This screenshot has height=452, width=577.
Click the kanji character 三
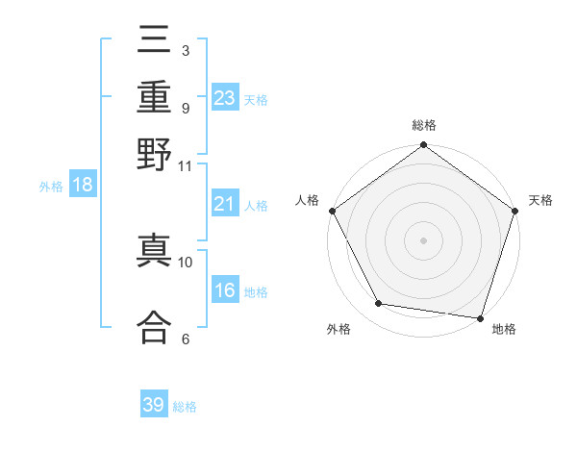click(154, 43)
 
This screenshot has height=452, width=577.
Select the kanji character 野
click(154, 153)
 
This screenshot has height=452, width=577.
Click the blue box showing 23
click(225, 98)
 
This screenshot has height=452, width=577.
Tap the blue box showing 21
click(225, 204)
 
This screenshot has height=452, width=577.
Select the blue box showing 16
click(225, 291)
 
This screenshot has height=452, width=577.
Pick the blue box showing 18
click(82, 186)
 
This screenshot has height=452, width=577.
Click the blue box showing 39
click(154, 405)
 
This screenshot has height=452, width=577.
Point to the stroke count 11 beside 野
click(185, 165)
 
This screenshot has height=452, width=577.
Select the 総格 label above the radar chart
click(423, 126)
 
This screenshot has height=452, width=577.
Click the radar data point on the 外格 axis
click(378, 304)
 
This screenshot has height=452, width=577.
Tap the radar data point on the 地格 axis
click(480, 317)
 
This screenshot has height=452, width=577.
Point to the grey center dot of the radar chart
click(423, 239)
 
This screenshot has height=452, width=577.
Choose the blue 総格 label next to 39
click(185, 407)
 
